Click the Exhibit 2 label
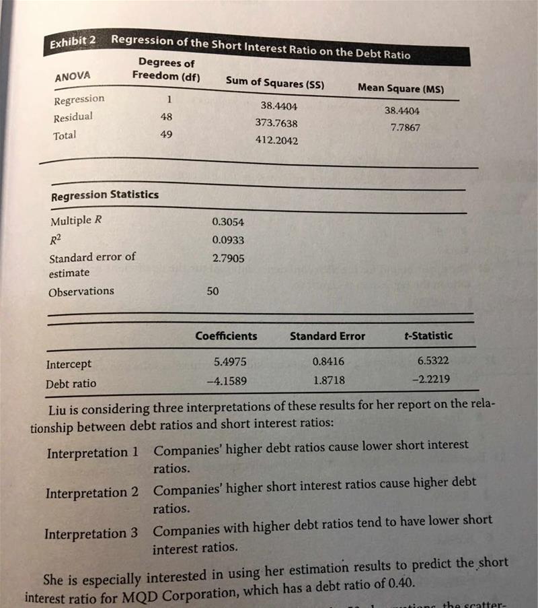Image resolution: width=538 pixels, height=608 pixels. pyautogui.click(x=72, y=43)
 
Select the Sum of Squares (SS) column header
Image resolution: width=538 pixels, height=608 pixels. pyautogui.click(x=275, y=83)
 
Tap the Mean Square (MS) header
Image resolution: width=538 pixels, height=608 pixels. pyautogui.click(x=400, y=88)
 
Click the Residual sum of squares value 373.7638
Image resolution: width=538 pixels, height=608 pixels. pyautogui.click(x=276, y=123)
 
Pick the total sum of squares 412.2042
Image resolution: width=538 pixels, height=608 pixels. pyautogui.click(x=276, y=141)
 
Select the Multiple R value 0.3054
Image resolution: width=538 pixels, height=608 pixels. pyautogui.click(x=228, y=222)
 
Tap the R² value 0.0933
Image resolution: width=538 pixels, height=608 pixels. pyautogui.click(x=228, y=239)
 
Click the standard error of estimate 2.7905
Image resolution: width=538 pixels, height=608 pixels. pyautogui.click(x=229, y=257)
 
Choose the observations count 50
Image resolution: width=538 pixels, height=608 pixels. pyautogui.click(x=213, y=292)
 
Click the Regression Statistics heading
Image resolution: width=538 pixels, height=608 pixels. pyautogui.click(x=105, y=195)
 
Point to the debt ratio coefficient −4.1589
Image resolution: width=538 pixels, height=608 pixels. pyautogui.click(x=226, y=380)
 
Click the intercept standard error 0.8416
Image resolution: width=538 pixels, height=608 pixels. pyautogui.click(x=329, y=362)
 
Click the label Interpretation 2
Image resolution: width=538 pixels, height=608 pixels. pyautogui.click(x=92, y=493)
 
